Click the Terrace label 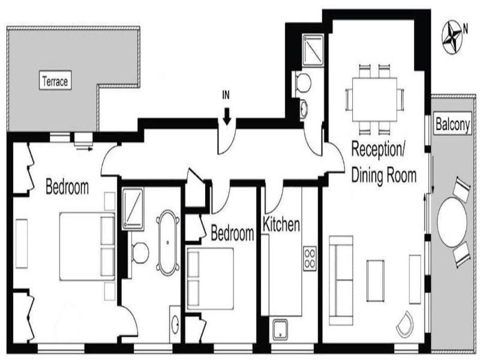[55, 80]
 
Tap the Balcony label [452, 124]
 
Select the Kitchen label [281, 224]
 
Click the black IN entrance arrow [227, 116]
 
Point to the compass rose [452, 37]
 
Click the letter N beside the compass [466, 29]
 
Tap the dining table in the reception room [374, 100]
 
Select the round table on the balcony [452, 223]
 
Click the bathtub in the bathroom [167, 243]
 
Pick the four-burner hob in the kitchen [310, 258]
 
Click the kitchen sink [280, 329]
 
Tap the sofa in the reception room [341, 280]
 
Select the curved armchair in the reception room [404, 325]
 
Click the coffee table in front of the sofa [376, 281]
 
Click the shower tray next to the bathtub [133, 209]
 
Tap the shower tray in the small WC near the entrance [313, 50]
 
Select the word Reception [378, 149]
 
